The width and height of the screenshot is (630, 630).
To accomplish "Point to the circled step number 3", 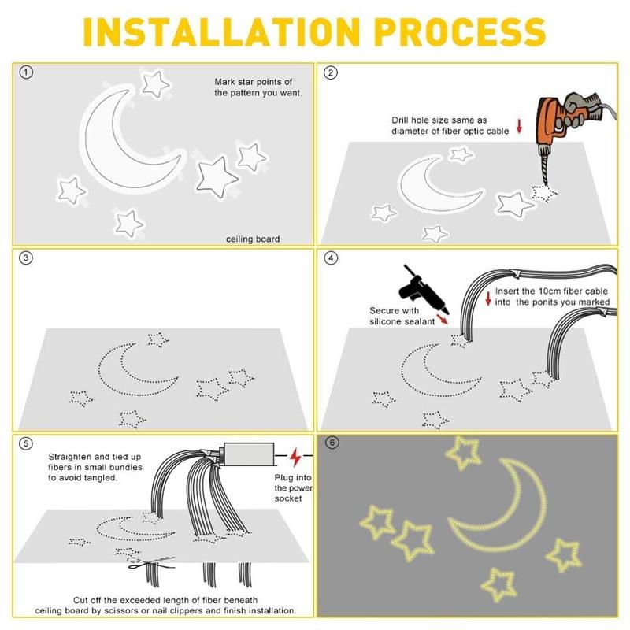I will point(28,258).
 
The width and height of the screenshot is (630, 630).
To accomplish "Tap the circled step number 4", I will point(331,258).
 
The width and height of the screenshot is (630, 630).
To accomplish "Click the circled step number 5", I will point(28,443).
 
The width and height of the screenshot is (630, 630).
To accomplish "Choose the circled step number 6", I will point(331,443).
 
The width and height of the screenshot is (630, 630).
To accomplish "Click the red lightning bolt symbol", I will point(296,458).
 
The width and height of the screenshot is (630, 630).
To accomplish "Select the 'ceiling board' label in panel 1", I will point(253,239).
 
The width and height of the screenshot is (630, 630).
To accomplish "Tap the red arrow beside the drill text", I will point(520,125).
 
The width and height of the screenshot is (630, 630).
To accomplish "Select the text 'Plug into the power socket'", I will point(293,487).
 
